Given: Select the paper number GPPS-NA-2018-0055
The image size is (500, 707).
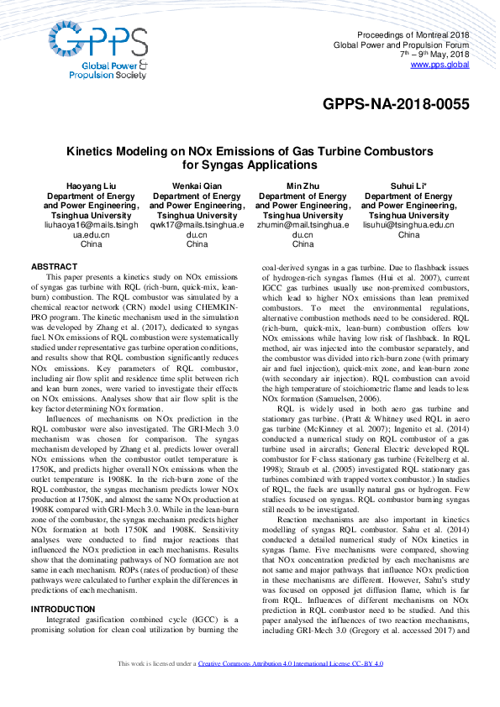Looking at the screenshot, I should click(396, 105).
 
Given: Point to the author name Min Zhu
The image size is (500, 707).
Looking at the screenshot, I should click(303, 186).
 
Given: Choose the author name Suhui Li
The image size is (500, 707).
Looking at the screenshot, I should click(408, 186).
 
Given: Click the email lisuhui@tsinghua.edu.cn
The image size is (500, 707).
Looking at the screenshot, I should click(408, 225).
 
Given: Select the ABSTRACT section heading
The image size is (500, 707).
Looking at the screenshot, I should click(54, 266).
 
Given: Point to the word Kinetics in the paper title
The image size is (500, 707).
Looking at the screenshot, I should click(92, 151).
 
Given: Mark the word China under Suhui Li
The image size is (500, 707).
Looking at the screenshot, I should click(408, 235).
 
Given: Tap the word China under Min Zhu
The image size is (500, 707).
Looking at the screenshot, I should click(303, 245).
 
